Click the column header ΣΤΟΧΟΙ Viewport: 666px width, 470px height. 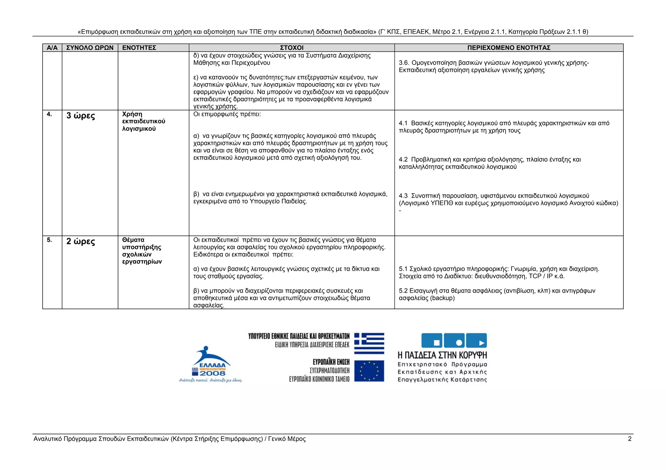[291, 48]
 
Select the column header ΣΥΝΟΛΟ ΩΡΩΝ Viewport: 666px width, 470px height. [90, 48]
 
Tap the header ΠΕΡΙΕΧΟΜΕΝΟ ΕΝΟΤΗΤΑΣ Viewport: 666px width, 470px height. [509, 48]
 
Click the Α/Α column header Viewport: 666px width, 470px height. [52, 48]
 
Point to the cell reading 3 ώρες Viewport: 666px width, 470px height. [81, 116]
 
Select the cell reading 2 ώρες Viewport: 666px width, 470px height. [81, 242]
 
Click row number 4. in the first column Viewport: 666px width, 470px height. [49, 114]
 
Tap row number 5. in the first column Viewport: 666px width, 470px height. [49, 240]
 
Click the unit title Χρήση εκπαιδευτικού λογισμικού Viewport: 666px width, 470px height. [143, 121]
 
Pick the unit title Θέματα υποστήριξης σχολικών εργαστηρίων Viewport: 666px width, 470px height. [142, 251]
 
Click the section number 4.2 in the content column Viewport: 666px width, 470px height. [403, 159]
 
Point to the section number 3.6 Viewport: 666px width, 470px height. [404, 63]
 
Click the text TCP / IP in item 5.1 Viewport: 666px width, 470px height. [541, 276]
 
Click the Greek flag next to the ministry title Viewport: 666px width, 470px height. [369, 343]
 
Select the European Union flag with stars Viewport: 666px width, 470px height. [369, 371]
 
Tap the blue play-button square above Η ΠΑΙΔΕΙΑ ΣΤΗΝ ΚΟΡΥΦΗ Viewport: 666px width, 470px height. [477, 341]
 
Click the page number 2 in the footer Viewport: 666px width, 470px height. [630, 439]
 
